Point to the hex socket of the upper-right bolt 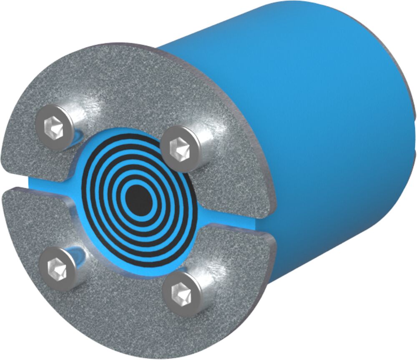point(179,147)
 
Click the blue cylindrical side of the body point(317,125)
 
